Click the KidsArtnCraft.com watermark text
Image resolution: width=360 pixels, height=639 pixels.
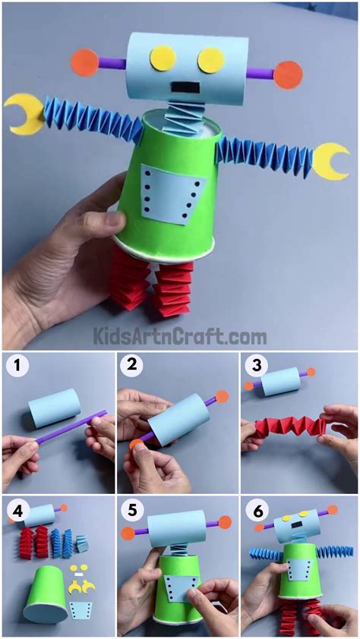tap(179, 335)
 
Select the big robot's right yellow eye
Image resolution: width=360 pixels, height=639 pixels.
tap(211, 60)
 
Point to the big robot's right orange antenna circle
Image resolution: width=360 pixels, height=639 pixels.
tap(288, 74)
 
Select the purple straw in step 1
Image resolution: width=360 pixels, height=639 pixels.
tap(68, 430)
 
